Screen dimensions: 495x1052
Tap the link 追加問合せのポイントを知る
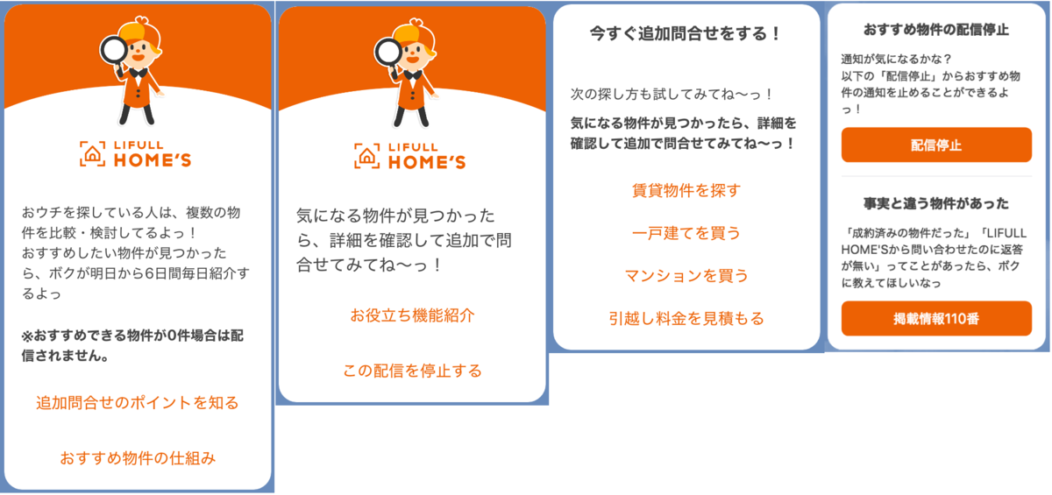(x=138, y=403)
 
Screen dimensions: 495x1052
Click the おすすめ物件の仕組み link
(x=138, y=457)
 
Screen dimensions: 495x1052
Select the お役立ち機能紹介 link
(x=412, y=315)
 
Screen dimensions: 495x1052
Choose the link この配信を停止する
(x=412, y=371)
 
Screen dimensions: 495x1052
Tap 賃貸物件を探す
(x=686, y=190)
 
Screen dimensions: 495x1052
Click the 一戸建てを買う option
(x=686, y=233)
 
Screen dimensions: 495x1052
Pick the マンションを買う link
(x=686, y=276)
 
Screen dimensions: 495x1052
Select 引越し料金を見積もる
(x=686, y=318)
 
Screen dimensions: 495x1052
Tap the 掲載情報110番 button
(x=936, y=319)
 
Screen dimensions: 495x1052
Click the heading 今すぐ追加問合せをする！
(x=686, y=34)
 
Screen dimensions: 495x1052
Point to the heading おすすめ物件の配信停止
(x=936, y=30)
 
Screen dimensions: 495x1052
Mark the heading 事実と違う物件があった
(x=936, y=203)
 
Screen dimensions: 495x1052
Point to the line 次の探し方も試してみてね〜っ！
(x=672, y=93)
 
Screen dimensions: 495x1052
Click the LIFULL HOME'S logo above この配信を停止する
(x=410, y=155)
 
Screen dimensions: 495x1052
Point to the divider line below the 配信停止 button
(x=936, y=176)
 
